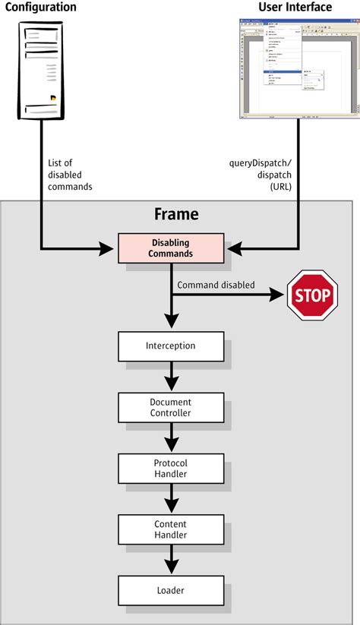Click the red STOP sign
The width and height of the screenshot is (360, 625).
311,295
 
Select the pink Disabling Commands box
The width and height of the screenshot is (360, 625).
171,248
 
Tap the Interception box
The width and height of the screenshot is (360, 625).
171,346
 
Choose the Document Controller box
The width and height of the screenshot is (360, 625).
171,407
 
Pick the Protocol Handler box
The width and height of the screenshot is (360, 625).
171,468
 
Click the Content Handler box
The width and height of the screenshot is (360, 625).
171,529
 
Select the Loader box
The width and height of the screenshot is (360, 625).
171,589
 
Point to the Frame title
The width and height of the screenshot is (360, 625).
176,214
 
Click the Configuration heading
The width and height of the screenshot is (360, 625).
41,8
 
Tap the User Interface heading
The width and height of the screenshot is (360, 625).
295,8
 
